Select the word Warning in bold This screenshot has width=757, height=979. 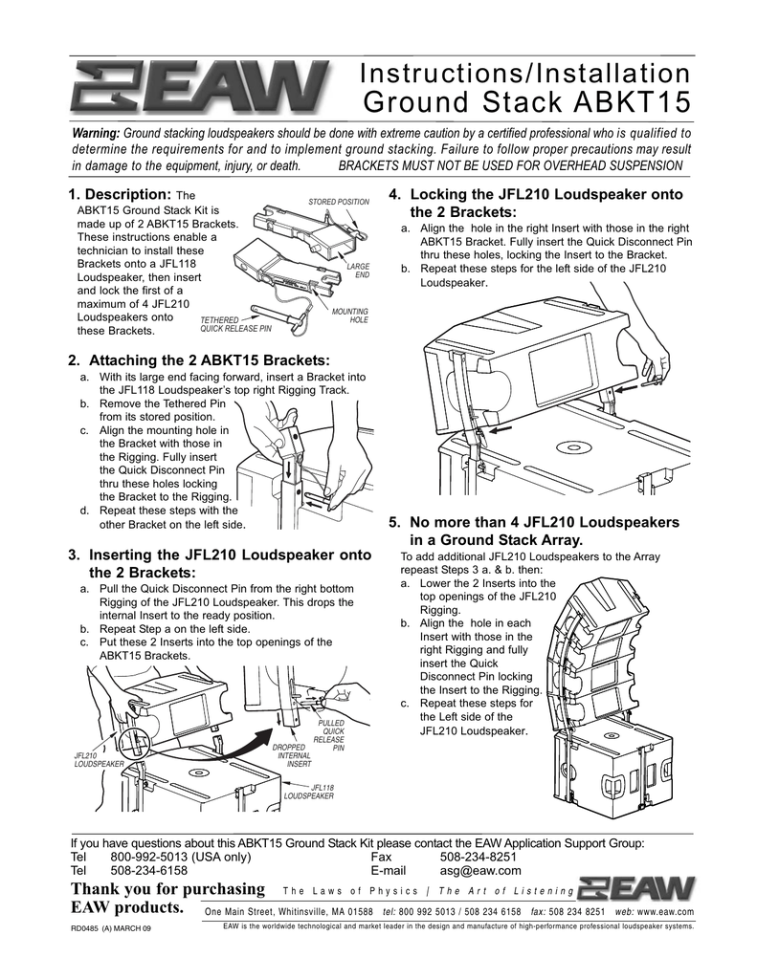[97, 132]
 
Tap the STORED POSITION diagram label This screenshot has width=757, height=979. [339, 202]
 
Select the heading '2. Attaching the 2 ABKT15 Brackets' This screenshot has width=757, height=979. [198, 360]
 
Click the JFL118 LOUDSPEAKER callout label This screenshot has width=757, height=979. [308, 791]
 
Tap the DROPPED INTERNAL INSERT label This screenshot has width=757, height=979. [292, 755]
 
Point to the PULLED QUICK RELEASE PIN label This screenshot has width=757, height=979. [330, 735]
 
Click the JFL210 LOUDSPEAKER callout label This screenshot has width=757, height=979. [99, 760]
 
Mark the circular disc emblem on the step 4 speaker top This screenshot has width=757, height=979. [575, 446]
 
